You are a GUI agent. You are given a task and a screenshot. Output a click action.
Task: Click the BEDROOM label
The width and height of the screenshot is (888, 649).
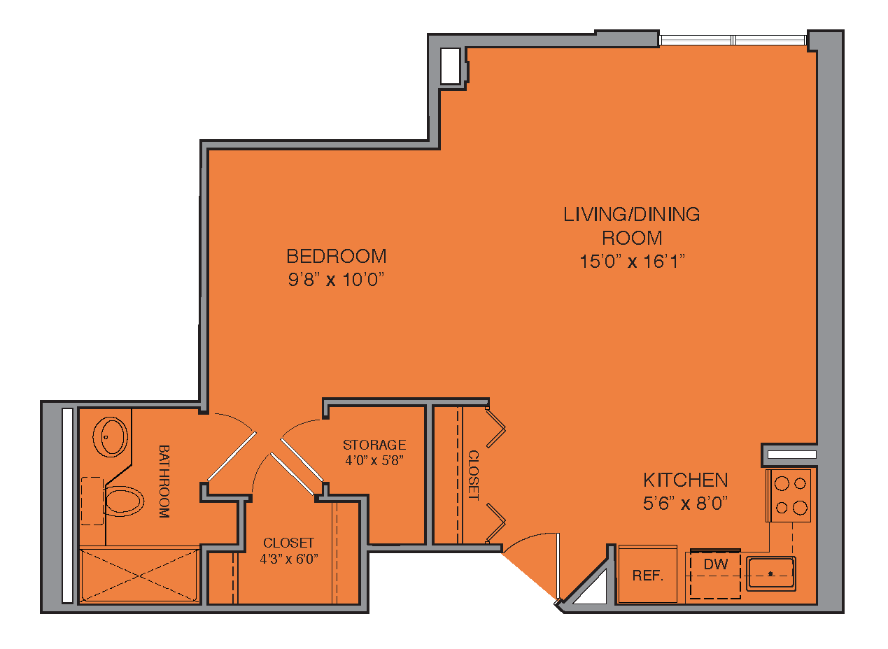336,257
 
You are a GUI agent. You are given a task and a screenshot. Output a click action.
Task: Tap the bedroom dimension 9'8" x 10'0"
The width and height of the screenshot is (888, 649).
336,280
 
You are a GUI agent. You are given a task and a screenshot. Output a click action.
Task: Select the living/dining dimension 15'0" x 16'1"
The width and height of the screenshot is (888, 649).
632,262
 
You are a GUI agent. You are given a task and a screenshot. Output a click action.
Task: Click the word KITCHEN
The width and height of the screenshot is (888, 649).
686,480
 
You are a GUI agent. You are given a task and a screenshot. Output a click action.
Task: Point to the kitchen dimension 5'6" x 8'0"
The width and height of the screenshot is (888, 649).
686,504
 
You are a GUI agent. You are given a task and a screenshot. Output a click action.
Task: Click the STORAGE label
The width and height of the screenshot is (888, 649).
374,445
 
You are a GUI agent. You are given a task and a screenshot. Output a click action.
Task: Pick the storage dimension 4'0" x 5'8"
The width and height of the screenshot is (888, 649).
374,460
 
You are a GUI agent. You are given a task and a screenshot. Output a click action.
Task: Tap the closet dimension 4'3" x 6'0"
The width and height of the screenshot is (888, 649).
289,559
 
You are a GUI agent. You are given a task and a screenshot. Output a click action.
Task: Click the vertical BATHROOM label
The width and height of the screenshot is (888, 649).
164,481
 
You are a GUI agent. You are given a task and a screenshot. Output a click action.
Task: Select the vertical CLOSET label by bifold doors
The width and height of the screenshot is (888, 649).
474,476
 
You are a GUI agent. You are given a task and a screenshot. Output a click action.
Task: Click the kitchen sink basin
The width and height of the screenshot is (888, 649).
771,573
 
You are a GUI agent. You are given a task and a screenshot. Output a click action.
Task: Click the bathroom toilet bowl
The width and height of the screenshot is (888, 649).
124,501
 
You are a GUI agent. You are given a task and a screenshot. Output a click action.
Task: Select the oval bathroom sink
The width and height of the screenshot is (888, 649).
110,436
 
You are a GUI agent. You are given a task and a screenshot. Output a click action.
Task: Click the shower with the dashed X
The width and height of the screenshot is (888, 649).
139,575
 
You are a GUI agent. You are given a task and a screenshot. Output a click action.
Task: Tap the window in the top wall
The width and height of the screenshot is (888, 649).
733,40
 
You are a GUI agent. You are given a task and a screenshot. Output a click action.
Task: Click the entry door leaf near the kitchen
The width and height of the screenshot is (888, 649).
558,566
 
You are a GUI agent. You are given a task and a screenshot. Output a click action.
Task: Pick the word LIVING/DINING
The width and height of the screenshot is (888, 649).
632,215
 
